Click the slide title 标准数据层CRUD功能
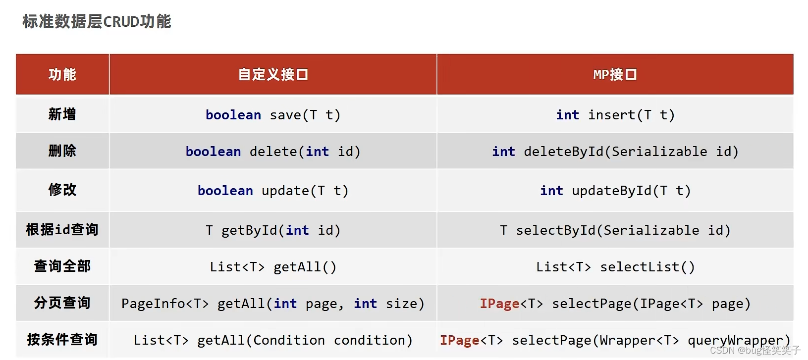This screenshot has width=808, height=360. (x=97, y=22)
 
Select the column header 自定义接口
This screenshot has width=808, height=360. (x=273, y=75)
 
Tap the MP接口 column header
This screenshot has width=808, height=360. (x=615, y=75)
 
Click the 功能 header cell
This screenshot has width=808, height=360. (x=62, y=75)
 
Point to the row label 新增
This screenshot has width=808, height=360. (x=62, y=114)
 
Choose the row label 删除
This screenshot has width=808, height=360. (x=62, y=151)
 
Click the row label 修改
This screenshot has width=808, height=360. (x=62, y=190)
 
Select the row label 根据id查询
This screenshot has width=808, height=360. (x=62, y=230)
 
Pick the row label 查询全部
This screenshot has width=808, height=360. (x=62, y=266)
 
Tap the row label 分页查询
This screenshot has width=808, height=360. (x=62, y=303)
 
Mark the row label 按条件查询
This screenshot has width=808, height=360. (x=62, y=340)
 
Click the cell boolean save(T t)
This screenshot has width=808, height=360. (x=273, y=115)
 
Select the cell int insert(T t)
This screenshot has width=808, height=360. (x=615, y=115)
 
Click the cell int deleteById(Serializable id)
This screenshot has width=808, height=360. (x=615, y=152)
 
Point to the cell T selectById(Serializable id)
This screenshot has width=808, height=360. (x=615, y=230)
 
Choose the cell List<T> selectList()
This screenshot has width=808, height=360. (x=615, y=267)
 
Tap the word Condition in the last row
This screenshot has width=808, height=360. (x=289, y=340)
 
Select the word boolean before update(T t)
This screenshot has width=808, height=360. (x=225, y=191)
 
